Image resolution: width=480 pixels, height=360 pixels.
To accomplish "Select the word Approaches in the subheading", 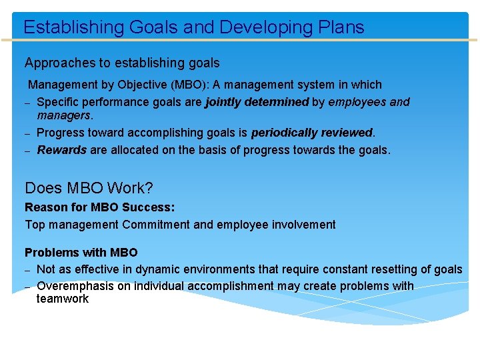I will pos(60,63).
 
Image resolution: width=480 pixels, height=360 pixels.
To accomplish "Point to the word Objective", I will pos(143,85).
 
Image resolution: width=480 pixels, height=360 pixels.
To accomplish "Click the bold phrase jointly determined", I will pos(257,102).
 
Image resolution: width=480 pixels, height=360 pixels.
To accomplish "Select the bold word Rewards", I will pos(62,150).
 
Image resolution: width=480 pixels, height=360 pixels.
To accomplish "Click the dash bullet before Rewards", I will pos(28,151).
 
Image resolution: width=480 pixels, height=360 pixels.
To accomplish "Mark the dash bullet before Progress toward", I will pos(28,134).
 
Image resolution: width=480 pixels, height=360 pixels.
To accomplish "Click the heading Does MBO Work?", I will pos(89,189).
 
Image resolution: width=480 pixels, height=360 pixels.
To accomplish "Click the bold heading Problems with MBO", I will pos(81,253).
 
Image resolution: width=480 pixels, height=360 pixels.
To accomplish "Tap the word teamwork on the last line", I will pos(63,299).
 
